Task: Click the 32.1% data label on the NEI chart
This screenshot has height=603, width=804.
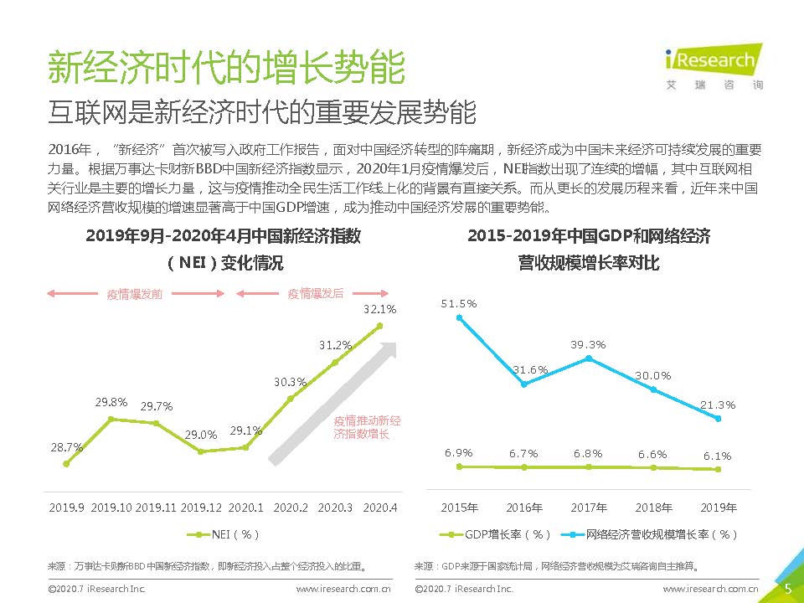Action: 379,309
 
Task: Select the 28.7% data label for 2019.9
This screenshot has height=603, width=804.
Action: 66,447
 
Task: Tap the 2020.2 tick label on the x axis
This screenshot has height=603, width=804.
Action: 291,508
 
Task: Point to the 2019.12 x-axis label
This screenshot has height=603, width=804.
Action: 201,508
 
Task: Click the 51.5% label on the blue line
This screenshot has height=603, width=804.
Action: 459,303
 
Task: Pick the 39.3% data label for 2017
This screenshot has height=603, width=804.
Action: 588,344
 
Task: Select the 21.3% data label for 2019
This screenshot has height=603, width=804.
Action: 718,405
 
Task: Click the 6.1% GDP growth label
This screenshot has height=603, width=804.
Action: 717,456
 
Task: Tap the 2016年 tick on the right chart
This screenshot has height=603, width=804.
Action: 524,508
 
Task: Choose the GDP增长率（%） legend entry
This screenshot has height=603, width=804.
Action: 496,534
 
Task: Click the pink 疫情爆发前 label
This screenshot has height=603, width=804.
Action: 134,294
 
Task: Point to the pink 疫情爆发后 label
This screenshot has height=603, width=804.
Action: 316,294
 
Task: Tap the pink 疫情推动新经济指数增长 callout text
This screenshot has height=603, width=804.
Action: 367,427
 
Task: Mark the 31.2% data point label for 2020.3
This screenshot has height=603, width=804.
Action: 335,345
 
